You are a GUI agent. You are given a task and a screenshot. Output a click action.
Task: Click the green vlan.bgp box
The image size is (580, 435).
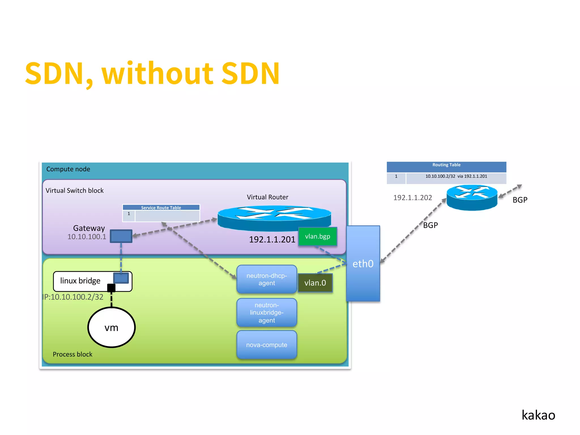(x=317, y=236)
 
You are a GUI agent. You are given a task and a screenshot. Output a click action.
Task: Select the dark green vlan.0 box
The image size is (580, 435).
(x=315, y=283)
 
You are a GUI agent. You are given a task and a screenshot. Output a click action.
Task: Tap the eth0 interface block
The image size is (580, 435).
(x=363, y=264)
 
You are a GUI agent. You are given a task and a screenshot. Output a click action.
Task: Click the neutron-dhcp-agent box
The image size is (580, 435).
(x=266, y=279)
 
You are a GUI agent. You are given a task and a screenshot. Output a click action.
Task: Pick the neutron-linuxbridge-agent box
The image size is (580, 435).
(x=266, y=313)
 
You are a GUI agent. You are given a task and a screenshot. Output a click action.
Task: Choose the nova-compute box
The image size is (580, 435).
(x=266, y=345)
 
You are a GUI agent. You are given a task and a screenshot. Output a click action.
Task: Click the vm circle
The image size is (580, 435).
(x=111, y=328)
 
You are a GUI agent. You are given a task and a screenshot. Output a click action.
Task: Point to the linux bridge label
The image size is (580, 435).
(x=80, y=281)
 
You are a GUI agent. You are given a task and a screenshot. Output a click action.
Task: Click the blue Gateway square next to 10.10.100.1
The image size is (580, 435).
(x=121, y=236)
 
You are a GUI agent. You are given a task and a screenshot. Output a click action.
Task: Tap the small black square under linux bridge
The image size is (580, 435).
(x=111, y=288)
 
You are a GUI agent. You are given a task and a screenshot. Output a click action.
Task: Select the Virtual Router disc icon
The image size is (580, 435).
(x=274, y=217)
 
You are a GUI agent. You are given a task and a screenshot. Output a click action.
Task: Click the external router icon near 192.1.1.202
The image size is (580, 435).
(x=472, y=197)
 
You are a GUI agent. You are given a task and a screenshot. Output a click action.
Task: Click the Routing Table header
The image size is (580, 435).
(x=446, y=165)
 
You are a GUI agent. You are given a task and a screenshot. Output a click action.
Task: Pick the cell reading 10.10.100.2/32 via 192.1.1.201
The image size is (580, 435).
(x=456, y=176)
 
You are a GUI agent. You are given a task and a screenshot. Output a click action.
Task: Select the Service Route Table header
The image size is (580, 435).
(x=161, y=208)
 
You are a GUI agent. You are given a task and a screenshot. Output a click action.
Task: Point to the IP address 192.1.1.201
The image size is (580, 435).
(x=272, y=240)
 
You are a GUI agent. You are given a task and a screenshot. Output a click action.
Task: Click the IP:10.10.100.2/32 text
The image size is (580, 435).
(x=73, y=297)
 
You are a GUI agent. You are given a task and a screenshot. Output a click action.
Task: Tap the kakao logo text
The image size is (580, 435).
(x=538, y=415)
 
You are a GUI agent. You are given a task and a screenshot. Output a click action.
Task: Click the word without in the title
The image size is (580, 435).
(x=157, y=74)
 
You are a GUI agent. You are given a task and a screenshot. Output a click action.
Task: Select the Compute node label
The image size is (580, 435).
(x=68, y=169)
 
